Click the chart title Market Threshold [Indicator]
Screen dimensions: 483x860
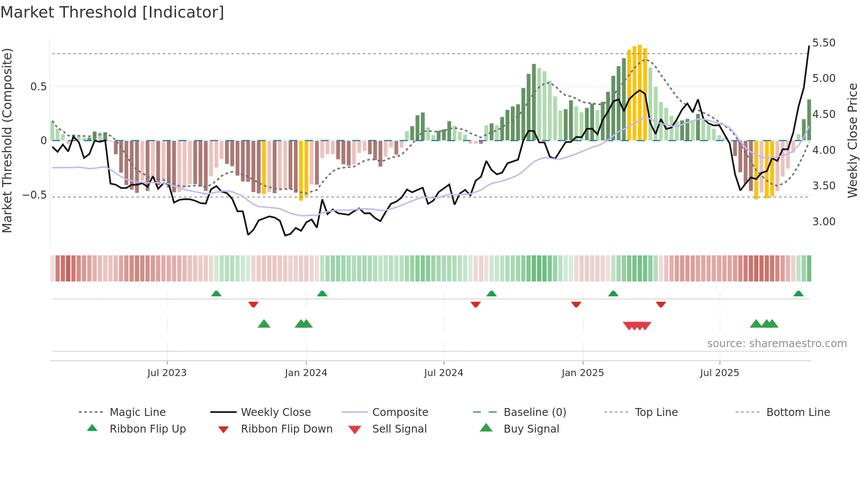click(x=112, y=12)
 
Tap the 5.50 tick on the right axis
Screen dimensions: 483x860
click(x=824, y=43)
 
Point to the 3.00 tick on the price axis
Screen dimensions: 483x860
click(x=824, y=222)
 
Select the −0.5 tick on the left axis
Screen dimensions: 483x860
click(x=34, y=195)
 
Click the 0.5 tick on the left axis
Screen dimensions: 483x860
click(x=38, y=87)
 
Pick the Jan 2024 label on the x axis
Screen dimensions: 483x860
click(x=306, y=373)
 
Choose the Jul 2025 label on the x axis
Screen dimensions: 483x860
click(x=719, y=373)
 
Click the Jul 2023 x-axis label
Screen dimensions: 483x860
click(x=167, y=373)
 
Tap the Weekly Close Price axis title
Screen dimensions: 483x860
click(x=852, y=140)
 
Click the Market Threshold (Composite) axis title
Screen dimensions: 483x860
click(x=7, y=140)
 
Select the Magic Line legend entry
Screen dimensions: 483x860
click(x=137, y=412)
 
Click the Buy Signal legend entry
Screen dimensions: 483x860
click(x=531, y=429)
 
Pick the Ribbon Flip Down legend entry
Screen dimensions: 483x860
click(x=287, y=429)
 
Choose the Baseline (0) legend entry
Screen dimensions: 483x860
click(x=534, y=412)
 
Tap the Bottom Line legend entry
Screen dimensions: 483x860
click(x=798, y=412)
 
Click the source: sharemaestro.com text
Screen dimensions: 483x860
click(x=777, y=344)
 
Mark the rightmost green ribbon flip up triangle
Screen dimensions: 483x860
click(x=798, y=294)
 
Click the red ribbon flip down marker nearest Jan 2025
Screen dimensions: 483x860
click(x=576, y=304)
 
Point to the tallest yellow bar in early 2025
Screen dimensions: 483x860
click(x=640, y=92)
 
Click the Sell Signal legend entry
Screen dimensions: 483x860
click(x=399, y=429)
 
